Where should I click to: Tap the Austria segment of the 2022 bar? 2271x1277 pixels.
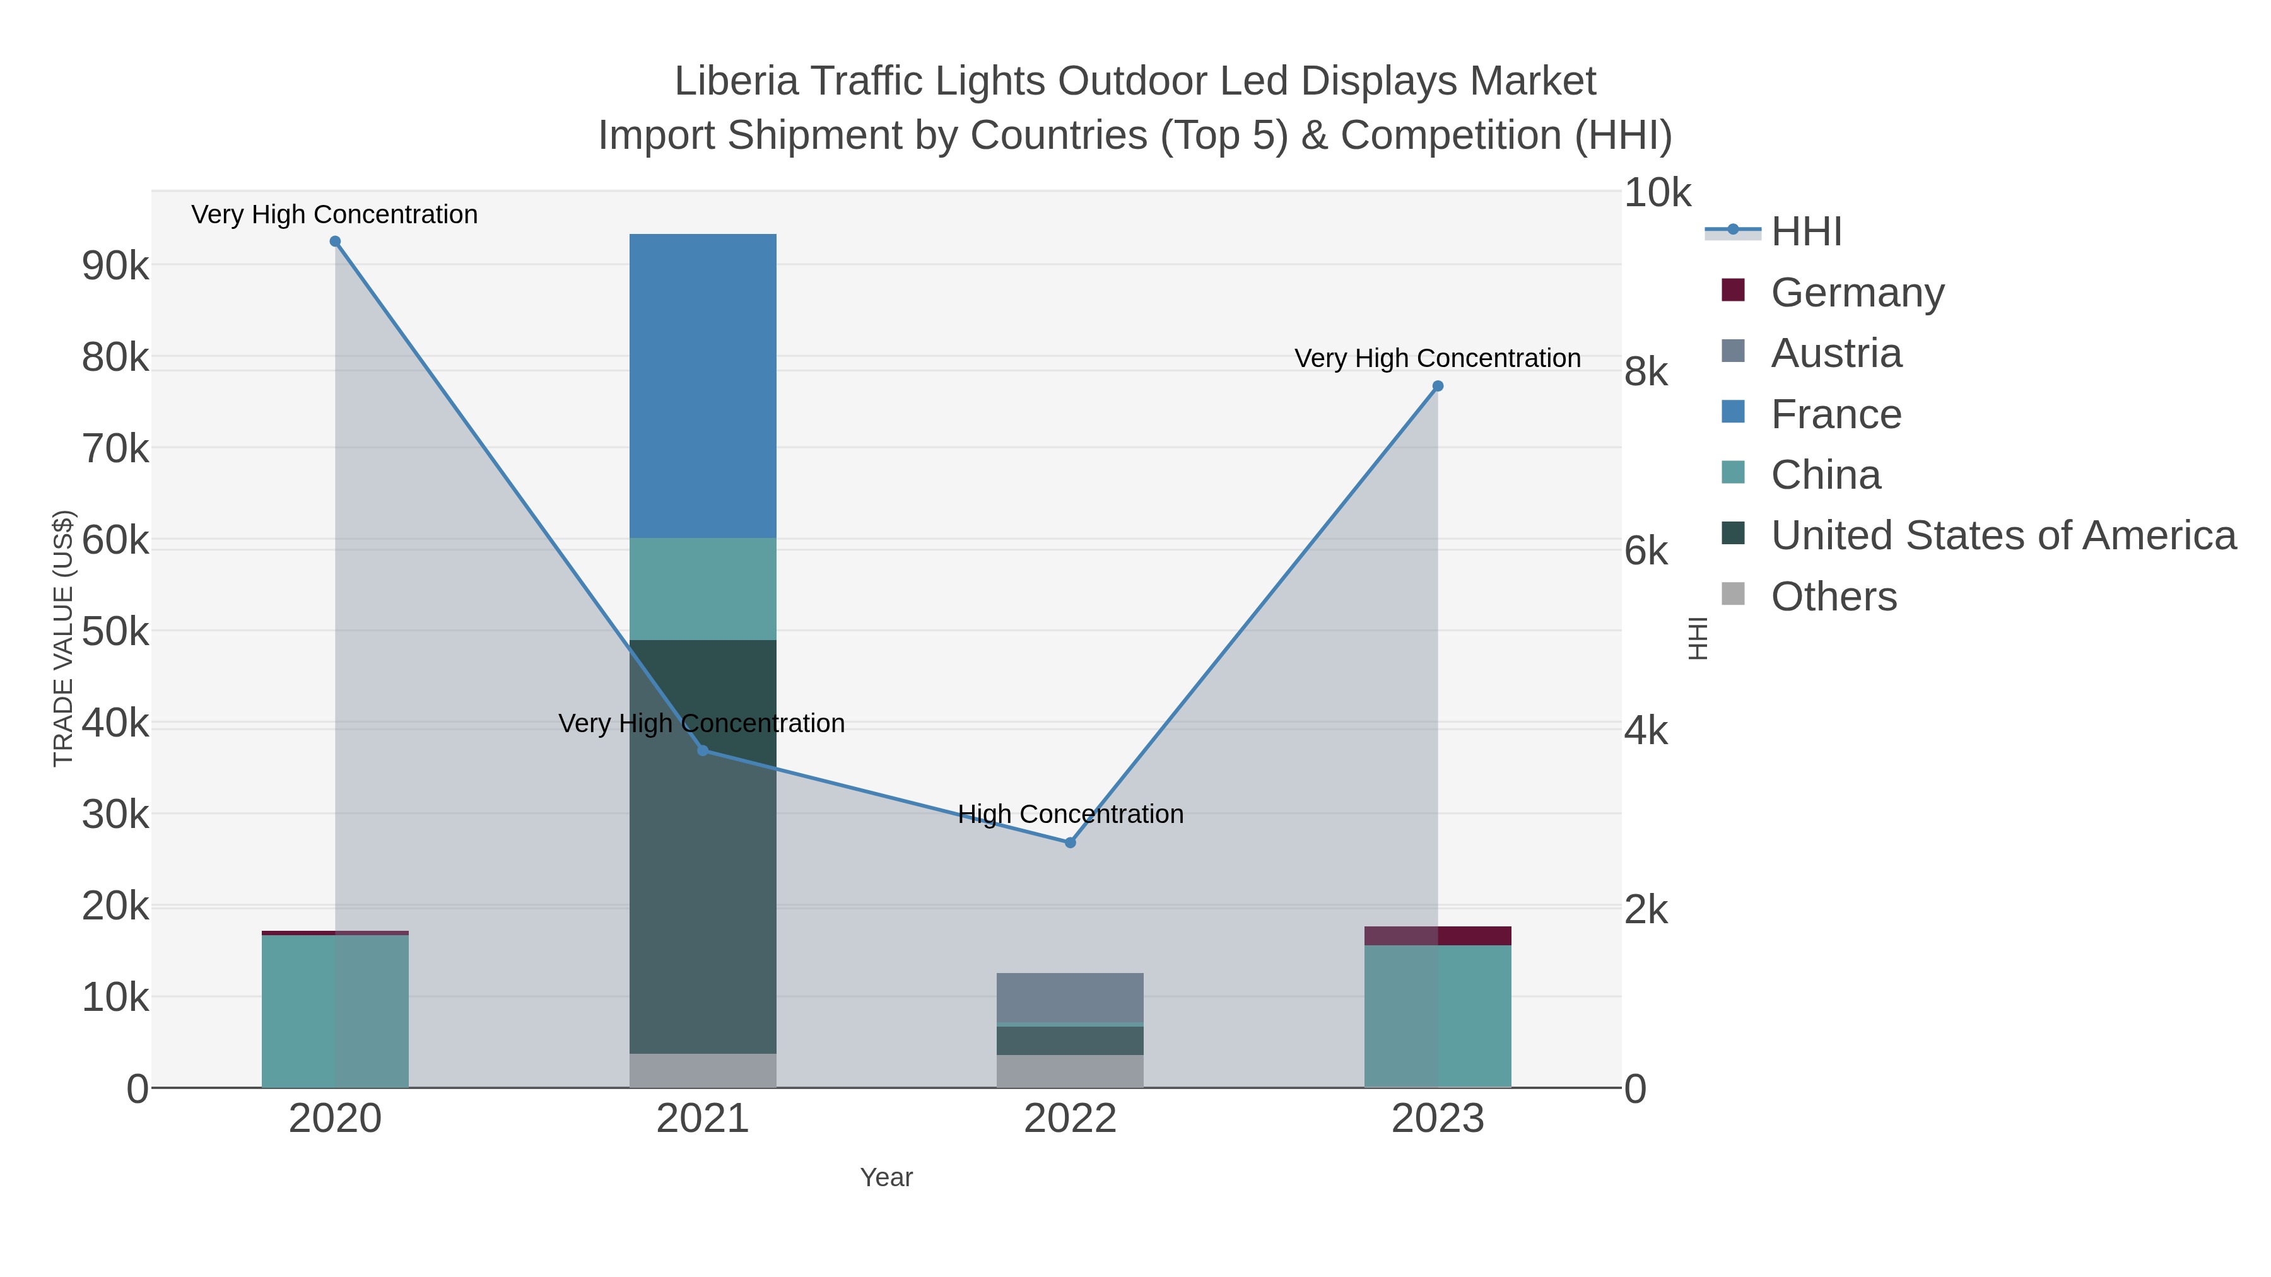pyautogui.click(x=1069, y=997)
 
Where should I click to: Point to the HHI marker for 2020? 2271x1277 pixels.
pyautogui.click(x=335, y=242)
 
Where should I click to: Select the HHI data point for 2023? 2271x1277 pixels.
pyautogui.click(x=1438, y=386)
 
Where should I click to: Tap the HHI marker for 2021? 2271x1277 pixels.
pyautogui.click(x=703, y=751)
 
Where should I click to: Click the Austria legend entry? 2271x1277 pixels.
pyautogui.click(x=1836, y=353)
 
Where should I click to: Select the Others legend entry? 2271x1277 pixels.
pyautogui.click(x=1833, y=596)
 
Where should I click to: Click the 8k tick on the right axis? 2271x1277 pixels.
pyautogui.click(x=1646, y=372)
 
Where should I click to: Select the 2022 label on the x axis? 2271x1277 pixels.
pyautogui.click(x=1069, y=1118)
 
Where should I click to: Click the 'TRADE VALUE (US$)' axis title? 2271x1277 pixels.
pyautogui.click(x=64, y=638)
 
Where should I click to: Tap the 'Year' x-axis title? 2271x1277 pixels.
pyautogui.click(x=886, y=1177)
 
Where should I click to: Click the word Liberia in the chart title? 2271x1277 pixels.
pyautogui.click(x=736, y=81)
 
